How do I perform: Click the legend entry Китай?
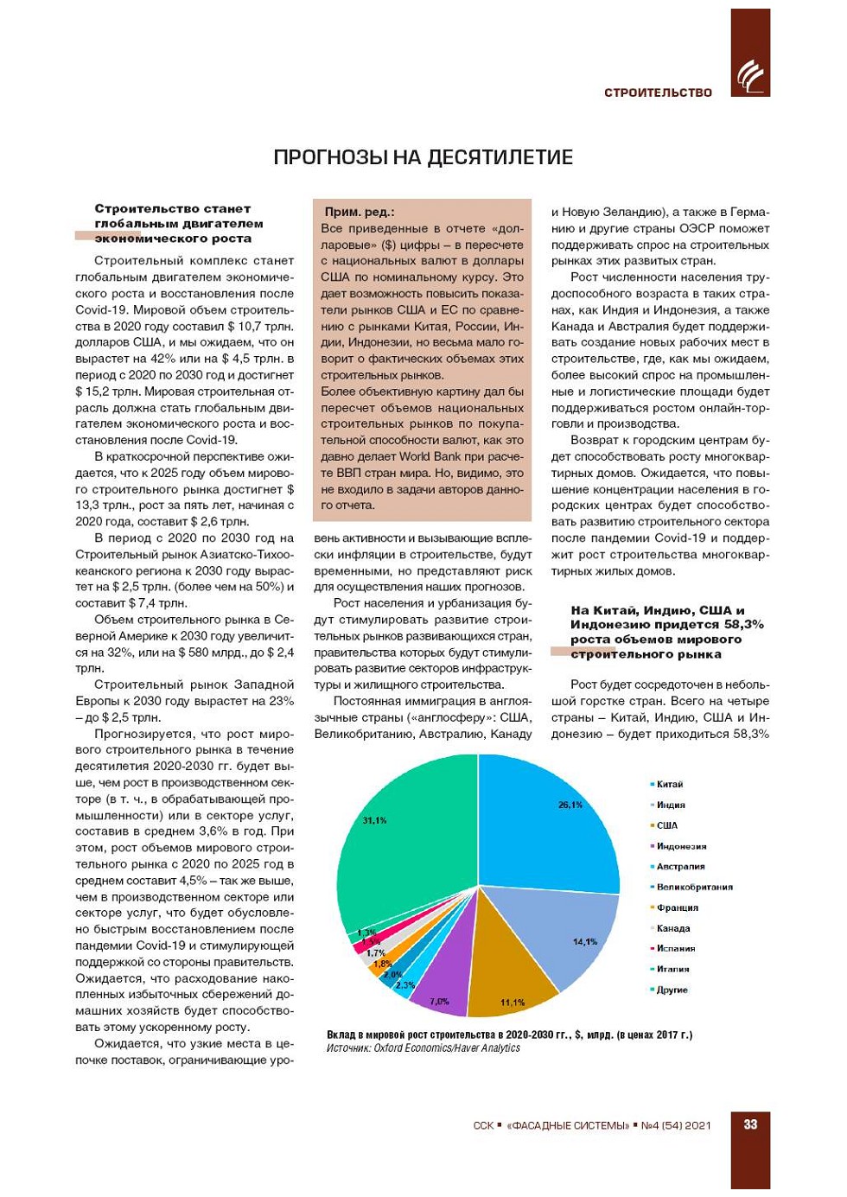669,785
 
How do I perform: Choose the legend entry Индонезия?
681,846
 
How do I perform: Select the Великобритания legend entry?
694,888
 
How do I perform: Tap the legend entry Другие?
672,990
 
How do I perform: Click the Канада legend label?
673,928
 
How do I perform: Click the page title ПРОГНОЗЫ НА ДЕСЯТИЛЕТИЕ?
423,157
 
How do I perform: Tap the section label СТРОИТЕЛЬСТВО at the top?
658,92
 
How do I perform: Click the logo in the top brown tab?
749,77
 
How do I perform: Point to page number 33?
750,1124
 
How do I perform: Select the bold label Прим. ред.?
360,212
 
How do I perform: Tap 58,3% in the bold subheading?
744,624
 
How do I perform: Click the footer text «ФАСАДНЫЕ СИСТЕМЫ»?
568,1125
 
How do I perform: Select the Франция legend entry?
677,907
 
